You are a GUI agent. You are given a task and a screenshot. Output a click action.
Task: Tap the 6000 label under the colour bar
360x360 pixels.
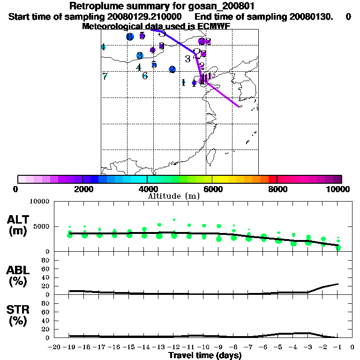tap(212, 189)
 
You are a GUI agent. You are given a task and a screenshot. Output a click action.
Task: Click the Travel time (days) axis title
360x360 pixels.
tap(205, 355)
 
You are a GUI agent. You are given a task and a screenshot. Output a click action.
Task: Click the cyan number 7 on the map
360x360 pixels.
tap(105, 76)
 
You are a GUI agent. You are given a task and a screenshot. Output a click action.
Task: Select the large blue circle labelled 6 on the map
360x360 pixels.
tap(130, 37)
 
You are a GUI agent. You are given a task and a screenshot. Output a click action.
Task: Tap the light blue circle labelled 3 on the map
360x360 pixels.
tap(140, 56)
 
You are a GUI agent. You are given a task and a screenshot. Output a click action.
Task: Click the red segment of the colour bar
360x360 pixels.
tap(272, 179)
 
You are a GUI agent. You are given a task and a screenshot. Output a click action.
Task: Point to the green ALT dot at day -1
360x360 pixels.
tap(338, 247)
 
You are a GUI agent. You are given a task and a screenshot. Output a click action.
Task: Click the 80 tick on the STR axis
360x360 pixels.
tap(46, 303)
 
